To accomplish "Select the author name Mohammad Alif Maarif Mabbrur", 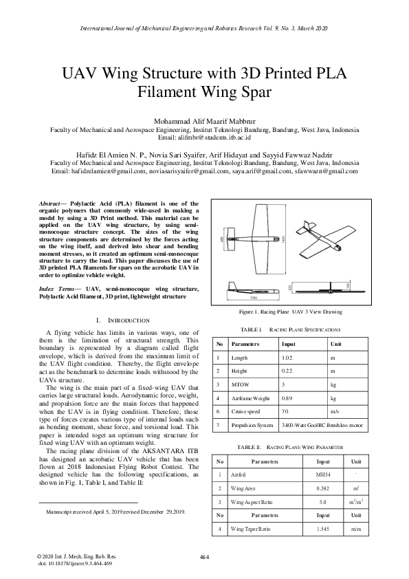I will point(204,122).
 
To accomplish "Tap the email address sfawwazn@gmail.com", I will point(324,171).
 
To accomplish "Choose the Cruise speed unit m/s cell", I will point(335,413).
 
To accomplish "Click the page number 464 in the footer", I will point(204,556).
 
